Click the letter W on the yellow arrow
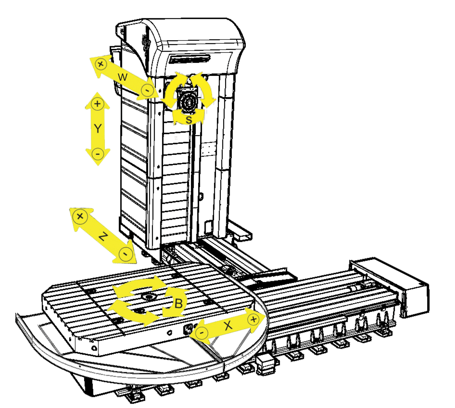(x=122, y=77)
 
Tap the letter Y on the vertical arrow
(x=98, y=128)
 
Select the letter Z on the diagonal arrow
(x=103, y=236)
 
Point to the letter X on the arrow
(x=228, y=325)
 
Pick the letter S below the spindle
(x=189, y=119)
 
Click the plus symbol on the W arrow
(x=101, y=64)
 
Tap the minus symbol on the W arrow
(x=147, y=90)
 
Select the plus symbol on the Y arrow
(x=98, y=104)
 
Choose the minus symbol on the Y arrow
(x=98, y=154)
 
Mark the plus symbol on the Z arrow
(x=80, y=217)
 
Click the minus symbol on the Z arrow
(x=125, y=254)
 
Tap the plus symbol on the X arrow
(x=253, y=319)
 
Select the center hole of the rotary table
(x=149, y=296)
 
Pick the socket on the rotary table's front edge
(x=187, y=329)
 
